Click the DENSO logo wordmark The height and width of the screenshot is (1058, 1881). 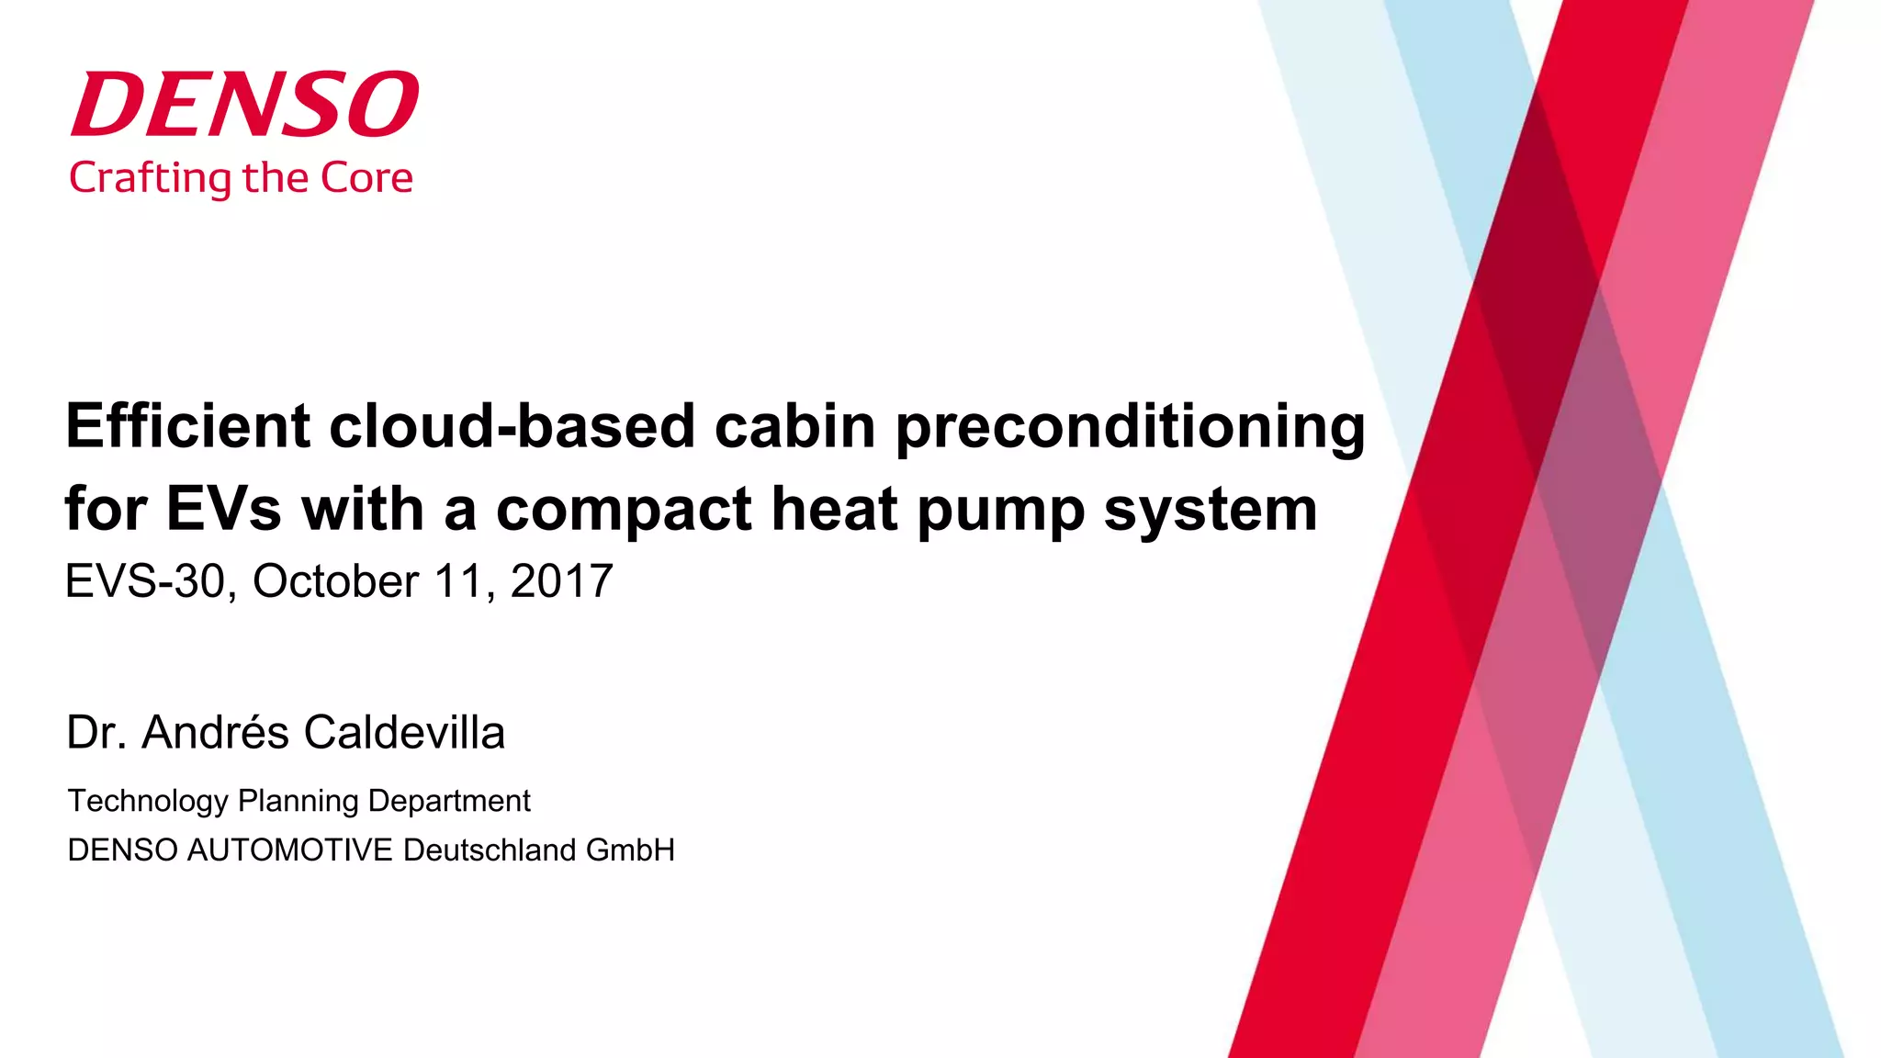click(244, 104)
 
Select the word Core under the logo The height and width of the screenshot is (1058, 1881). click(366, 178)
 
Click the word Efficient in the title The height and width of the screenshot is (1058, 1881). click(188, 426)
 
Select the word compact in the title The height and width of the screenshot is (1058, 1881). click(624, 511)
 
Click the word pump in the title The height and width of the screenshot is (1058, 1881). click(1001, 511)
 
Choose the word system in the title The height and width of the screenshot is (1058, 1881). click(1211, 511)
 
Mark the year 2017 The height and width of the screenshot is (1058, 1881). click(561, 581)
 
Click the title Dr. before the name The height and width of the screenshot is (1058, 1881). click(96, 733)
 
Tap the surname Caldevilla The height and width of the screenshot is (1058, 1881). click(404, 733)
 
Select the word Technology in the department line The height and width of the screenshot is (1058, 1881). click(148, 801)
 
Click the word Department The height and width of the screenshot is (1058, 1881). click(449, 801)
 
